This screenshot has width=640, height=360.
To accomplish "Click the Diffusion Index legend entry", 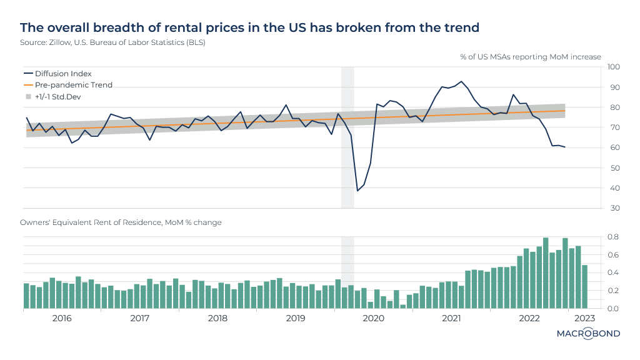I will pyautogui.click(x=63, y=73).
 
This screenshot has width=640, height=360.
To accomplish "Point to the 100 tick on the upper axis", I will pyautogui.click(x=612, y=67).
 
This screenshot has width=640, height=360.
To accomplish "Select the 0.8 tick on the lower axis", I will pyautogui.click(x=614, y=237).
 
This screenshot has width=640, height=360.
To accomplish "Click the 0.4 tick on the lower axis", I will pyautogui.click(x=614, y=272).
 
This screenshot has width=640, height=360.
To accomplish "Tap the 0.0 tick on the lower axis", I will pyautogui.click(x=614, y=308).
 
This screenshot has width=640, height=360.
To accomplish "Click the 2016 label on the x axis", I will pyautogui.click(x=62, y=318).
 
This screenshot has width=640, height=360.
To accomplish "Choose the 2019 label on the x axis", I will pyautogui.click(x=295, y=318).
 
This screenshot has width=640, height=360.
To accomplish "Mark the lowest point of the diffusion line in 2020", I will pyautogui.click(x=357, y=191).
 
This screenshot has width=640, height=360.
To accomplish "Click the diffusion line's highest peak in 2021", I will pyautogui.click(x=461, y=81).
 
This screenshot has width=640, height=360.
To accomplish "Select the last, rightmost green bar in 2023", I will pyautogui.click(x=584, y=287).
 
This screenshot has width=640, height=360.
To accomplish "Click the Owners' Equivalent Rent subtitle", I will pyautogui.click(x=121, y=222).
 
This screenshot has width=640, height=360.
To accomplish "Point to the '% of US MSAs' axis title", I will pyautogui.click(x=531, y=57).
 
